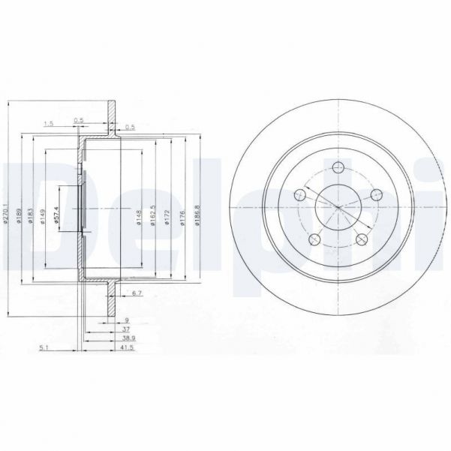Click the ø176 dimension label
[182, 218]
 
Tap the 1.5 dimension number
[49, 123]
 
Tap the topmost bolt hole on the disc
[337, 167]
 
